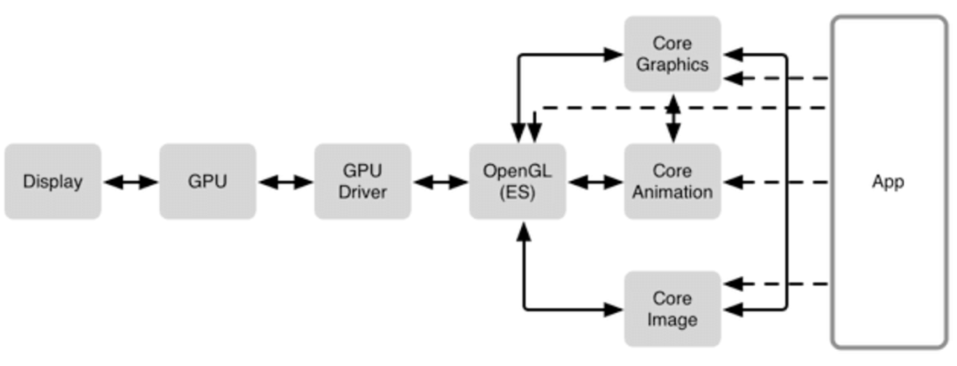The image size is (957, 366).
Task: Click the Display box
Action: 52,182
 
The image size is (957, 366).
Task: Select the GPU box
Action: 207,182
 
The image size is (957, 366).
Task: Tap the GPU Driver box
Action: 362,182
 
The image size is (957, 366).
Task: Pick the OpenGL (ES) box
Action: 517,182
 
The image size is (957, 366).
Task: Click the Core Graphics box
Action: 673,53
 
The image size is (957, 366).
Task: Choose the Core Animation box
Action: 673,182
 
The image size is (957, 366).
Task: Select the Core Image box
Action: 673,308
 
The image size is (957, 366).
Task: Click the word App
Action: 888,182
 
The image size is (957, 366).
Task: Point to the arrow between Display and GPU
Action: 130,182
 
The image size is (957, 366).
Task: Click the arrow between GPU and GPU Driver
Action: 285,182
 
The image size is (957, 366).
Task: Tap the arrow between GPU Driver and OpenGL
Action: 440,182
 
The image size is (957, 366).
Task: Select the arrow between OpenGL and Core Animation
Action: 595,182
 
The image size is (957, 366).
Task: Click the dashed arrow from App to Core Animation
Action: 775,182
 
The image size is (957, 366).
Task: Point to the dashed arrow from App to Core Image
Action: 775,284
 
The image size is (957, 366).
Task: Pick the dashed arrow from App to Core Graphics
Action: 775,78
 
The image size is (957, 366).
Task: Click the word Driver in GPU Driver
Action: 362,191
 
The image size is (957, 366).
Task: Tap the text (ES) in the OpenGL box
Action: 517,191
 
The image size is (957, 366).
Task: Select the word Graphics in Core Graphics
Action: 673,64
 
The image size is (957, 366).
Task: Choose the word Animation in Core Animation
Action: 673,191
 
